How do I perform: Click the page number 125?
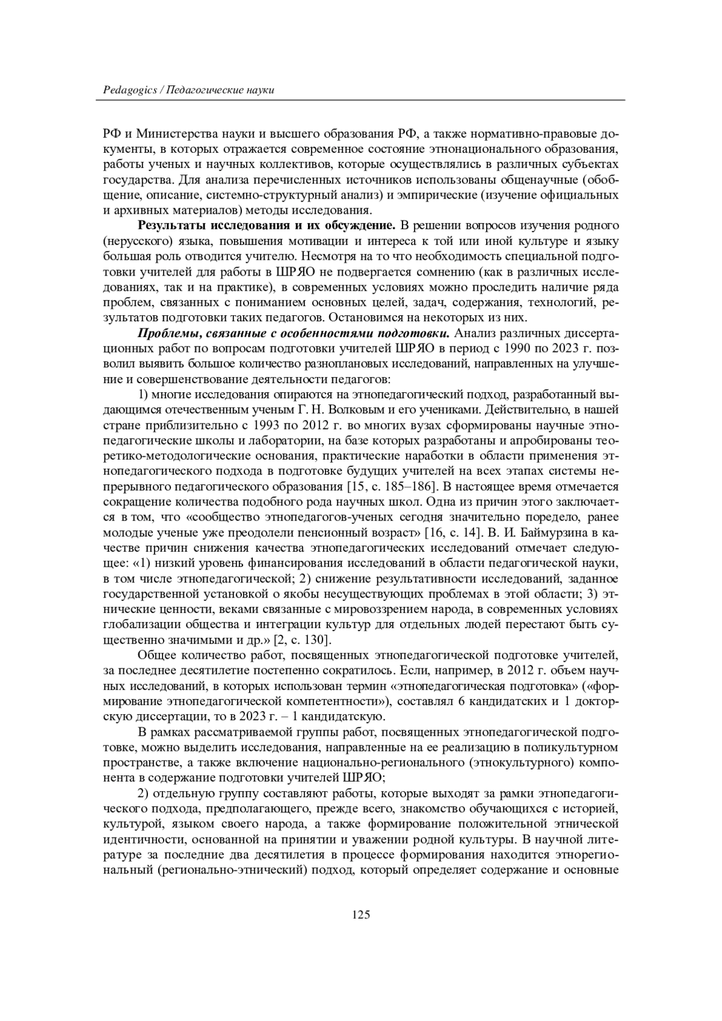360,915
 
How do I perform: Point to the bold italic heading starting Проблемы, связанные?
294,333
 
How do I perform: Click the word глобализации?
140,624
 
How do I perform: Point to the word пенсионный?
341,532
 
